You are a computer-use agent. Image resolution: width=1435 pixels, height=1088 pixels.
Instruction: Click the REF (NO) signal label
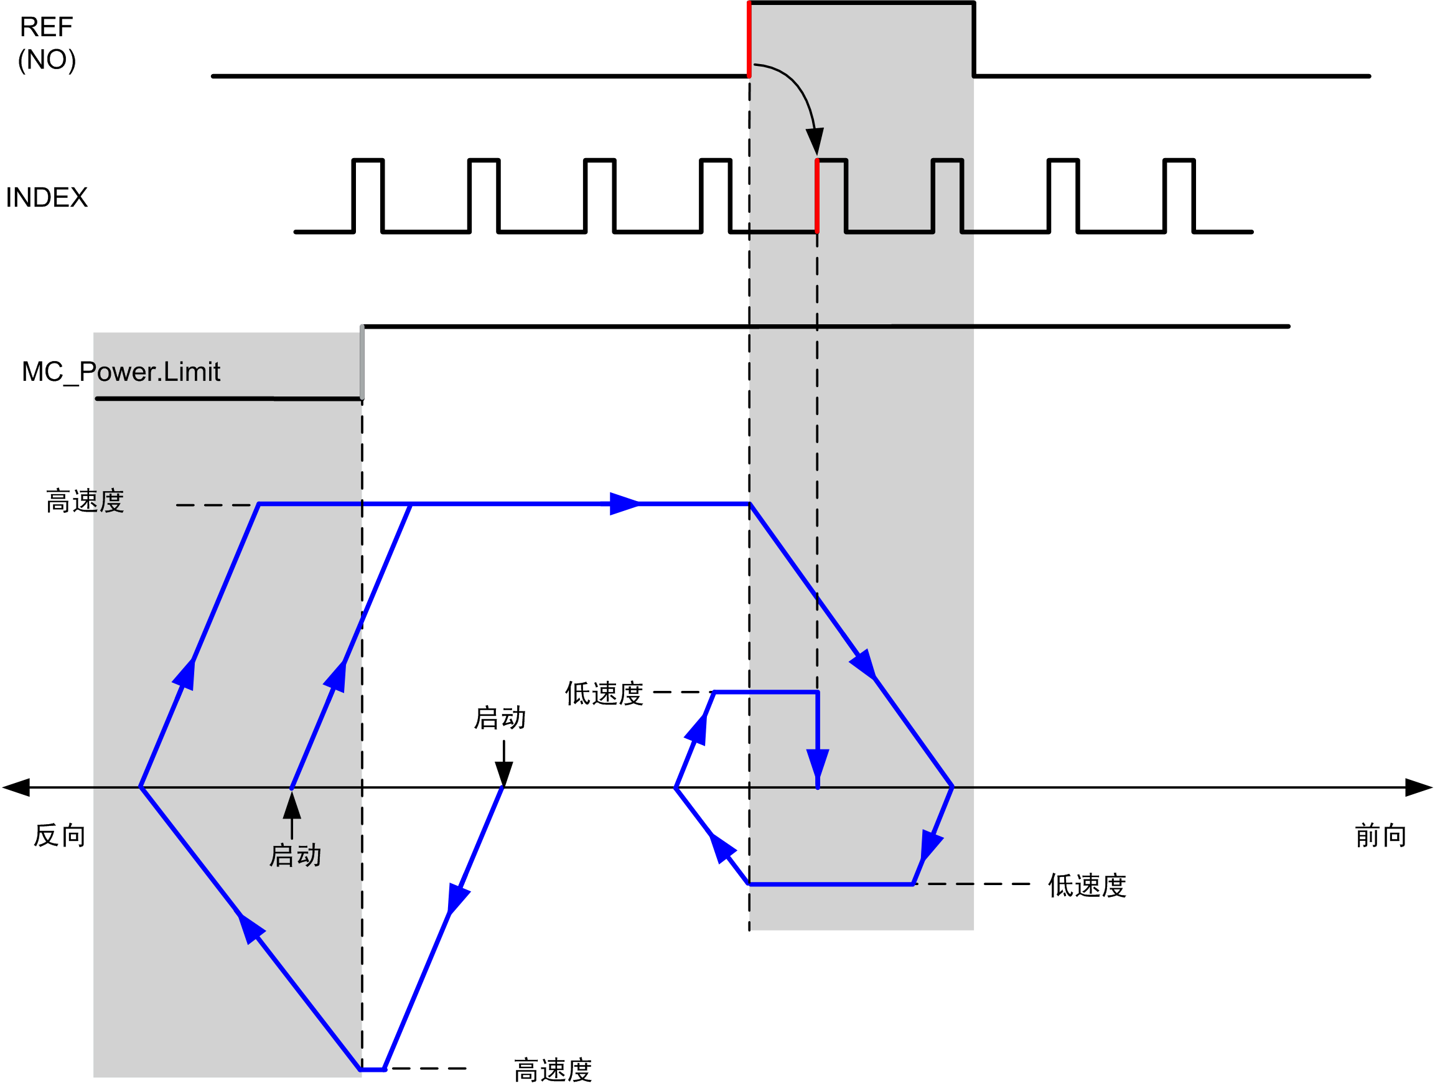47,44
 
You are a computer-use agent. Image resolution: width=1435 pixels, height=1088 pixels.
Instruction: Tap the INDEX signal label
47,197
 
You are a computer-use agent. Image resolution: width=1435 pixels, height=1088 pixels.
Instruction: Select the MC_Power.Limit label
121,372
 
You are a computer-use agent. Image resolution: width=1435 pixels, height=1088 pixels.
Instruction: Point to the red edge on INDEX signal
817,196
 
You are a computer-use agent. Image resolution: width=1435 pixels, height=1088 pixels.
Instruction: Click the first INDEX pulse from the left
368,195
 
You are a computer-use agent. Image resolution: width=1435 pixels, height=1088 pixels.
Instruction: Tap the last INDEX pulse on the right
1179,195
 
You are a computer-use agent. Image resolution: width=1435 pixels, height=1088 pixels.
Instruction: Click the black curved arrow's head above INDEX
815,141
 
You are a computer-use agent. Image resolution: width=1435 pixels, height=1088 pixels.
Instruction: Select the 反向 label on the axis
60,836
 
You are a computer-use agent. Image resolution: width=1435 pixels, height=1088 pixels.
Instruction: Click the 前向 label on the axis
1380,836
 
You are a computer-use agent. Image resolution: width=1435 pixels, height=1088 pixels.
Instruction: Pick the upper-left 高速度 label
85,501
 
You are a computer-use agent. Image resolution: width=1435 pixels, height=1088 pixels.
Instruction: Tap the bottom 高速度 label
553,1071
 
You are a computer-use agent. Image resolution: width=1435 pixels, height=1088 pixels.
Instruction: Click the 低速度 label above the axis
604,693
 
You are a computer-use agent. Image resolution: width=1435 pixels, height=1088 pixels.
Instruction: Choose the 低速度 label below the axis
1087,886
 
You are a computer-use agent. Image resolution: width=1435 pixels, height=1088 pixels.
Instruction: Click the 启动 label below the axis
296,856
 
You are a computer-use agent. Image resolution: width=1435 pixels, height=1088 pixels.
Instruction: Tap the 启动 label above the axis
500,718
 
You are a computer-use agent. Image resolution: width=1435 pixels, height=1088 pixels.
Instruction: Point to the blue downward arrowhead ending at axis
818,767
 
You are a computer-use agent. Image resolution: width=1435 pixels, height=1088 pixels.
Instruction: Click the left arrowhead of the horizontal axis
16,787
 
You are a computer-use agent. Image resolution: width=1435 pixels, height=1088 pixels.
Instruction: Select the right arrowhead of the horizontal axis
1419,787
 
